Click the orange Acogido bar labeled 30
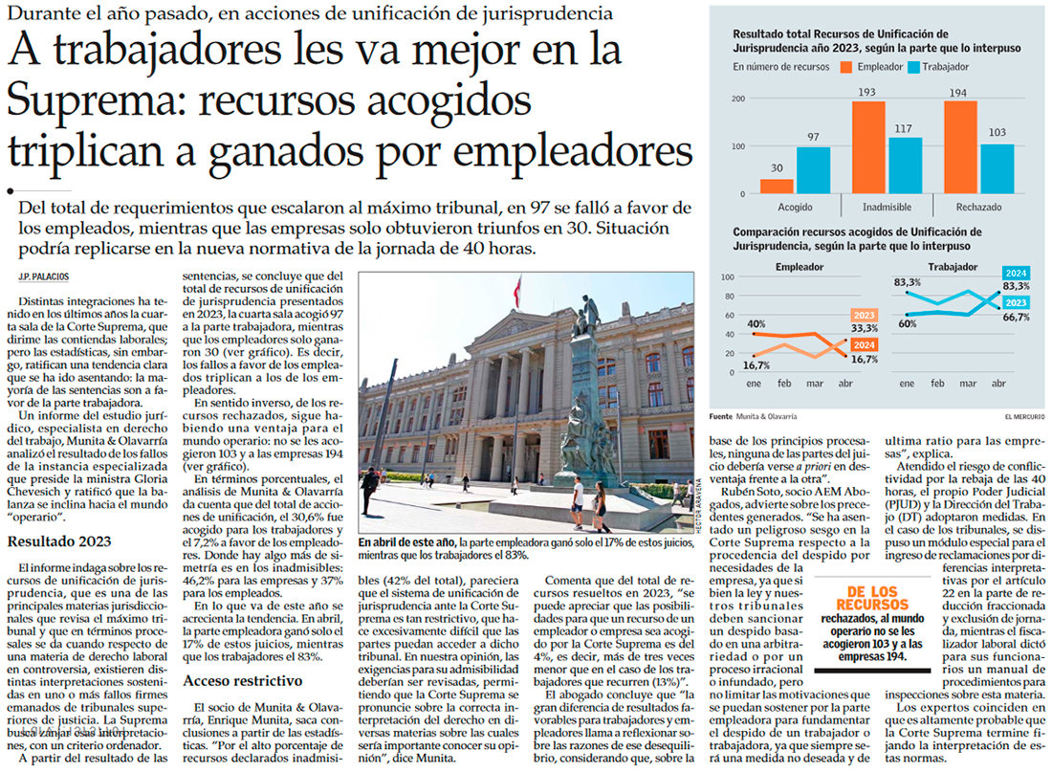[x=778, y=186]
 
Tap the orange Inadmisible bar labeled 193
[x=867, y=147]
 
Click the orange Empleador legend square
[x=845, y=67]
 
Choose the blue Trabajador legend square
[x=914, y=67]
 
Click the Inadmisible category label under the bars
[x=885, y=207]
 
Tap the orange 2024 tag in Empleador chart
[x=864, y=344]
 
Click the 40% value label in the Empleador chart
[x=756, y=323]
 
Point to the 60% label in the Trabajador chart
[x=907, y=323]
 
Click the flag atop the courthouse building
[x=518, y=286]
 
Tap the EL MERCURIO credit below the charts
[x=1024, y=416]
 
